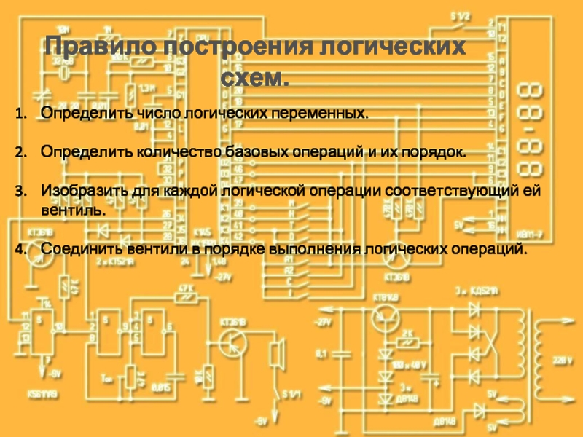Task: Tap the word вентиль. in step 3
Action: tap(73, 210)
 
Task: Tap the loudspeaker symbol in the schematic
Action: tap(276, 353)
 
